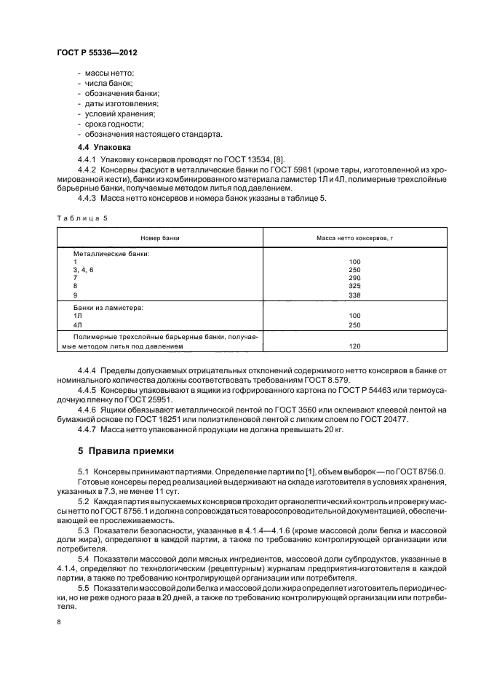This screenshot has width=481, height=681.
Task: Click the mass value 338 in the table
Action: [x=354, y=295]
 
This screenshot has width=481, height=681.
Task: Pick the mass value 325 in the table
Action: [x=354, y=287]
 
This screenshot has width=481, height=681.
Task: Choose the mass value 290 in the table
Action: [x=354, y=278]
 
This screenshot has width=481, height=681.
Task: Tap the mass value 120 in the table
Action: [x=354, y=346]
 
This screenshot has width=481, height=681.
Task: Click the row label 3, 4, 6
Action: [x=83, y=269]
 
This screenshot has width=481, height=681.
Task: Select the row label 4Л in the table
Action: [x=77, y=324]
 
